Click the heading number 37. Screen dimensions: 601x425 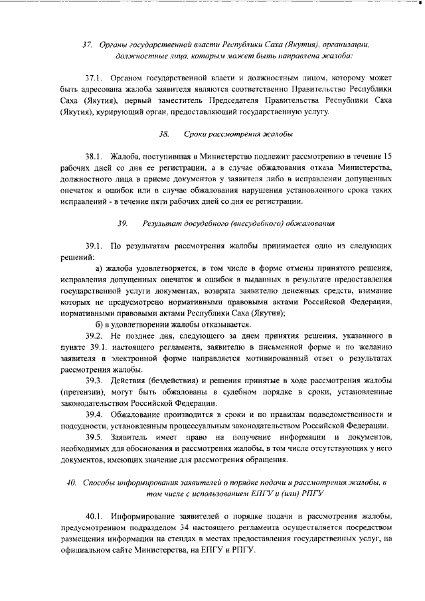[86, 44]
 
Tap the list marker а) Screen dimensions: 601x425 [102, 268]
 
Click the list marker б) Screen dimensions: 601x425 [100, 324]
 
